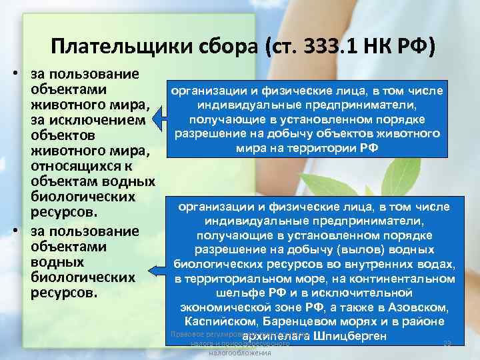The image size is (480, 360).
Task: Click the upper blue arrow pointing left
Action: point(159,120)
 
